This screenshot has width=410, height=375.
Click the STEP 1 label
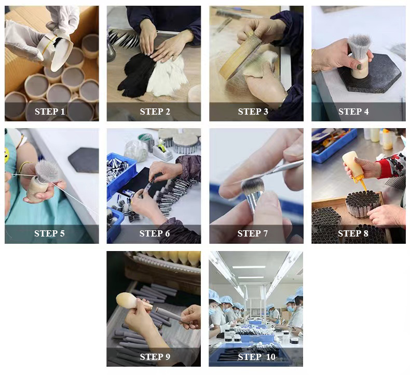coord(50,112)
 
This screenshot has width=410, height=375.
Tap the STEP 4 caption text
coord(353,112)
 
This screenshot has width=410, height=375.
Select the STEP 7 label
coord(253,233)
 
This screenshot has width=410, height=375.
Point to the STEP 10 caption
coord(256,357)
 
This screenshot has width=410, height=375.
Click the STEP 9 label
coord(155,357)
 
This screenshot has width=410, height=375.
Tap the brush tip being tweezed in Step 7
coord(252,185)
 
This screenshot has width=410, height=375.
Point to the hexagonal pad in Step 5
coord(84,159)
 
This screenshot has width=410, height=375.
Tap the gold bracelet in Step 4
coord(314,60)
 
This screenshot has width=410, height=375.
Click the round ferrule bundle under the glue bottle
coord(363,203)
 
